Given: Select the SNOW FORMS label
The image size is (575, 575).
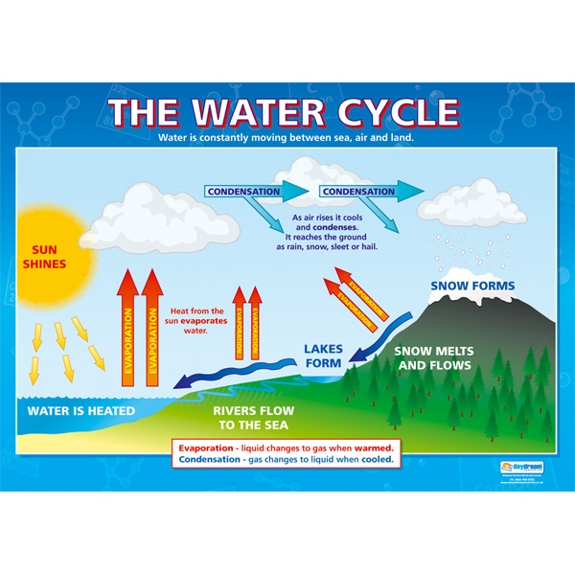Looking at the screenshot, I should click(x=472, y=286).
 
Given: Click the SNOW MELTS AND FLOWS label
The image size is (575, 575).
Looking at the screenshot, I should click(x=434, y=358).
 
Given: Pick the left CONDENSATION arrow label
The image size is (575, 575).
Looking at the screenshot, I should click(x=243, y=192).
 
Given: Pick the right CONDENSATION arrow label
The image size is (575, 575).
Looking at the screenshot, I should click(x=357, y=192).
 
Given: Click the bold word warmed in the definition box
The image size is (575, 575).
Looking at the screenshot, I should click(x=373, y=447).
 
